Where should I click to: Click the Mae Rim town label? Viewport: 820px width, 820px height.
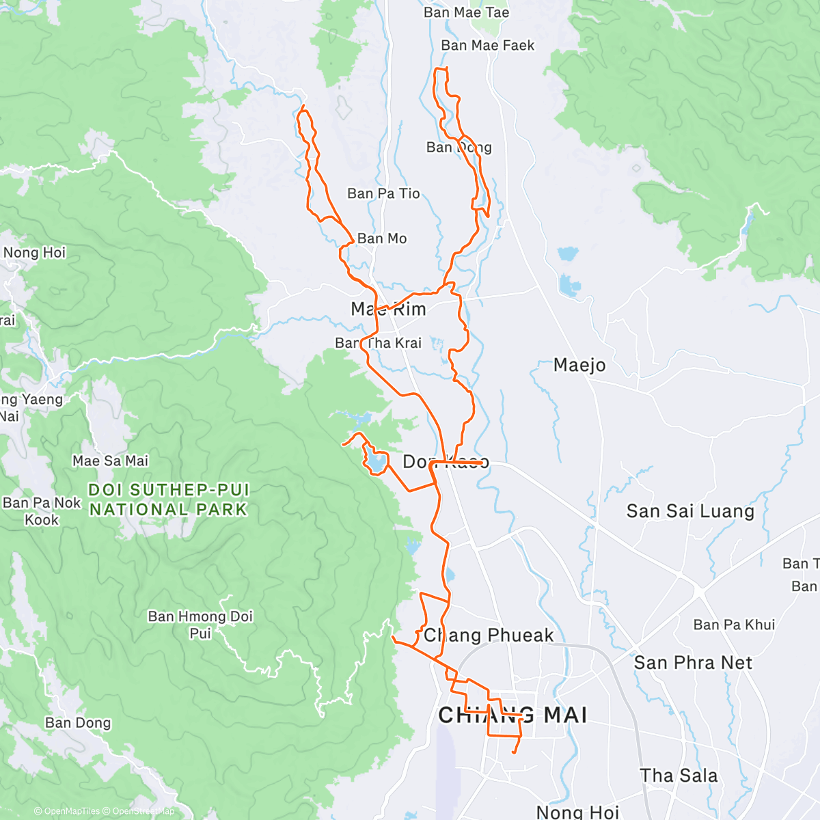point(388,309)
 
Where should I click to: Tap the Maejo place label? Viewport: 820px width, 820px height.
point(579,365)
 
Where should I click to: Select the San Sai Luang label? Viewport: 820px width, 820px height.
point(690,511)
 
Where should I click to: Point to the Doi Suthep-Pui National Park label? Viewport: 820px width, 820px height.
point(169,500)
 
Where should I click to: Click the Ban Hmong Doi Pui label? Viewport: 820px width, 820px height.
point(200,625)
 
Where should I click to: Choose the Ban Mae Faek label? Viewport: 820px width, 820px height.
point(488,45)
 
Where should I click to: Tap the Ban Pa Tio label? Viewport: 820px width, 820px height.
point(383,193)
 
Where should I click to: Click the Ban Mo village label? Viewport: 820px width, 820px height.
point(382,238)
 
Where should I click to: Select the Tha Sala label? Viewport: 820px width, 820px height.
point(679,776)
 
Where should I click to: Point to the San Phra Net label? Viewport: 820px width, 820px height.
point(693,662)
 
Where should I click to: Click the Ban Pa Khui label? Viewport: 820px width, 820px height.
point(734,625)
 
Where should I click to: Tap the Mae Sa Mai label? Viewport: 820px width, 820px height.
point(111,461)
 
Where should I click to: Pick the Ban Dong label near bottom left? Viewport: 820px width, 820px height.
point(78,723)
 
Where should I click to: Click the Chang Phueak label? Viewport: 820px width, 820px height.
point(489,635)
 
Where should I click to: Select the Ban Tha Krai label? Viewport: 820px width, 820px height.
point(379,343)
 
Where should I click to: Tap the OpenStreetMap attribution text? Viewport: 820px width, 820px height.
point(143,811)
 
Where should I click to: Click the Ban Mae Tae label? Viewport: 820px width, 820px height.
point(466,12)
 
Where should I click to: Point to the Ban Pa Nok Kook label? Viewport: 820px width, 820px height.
point(42,511)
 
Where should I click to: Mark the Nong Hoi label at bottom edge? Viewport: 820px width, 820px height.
point(577,812)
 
